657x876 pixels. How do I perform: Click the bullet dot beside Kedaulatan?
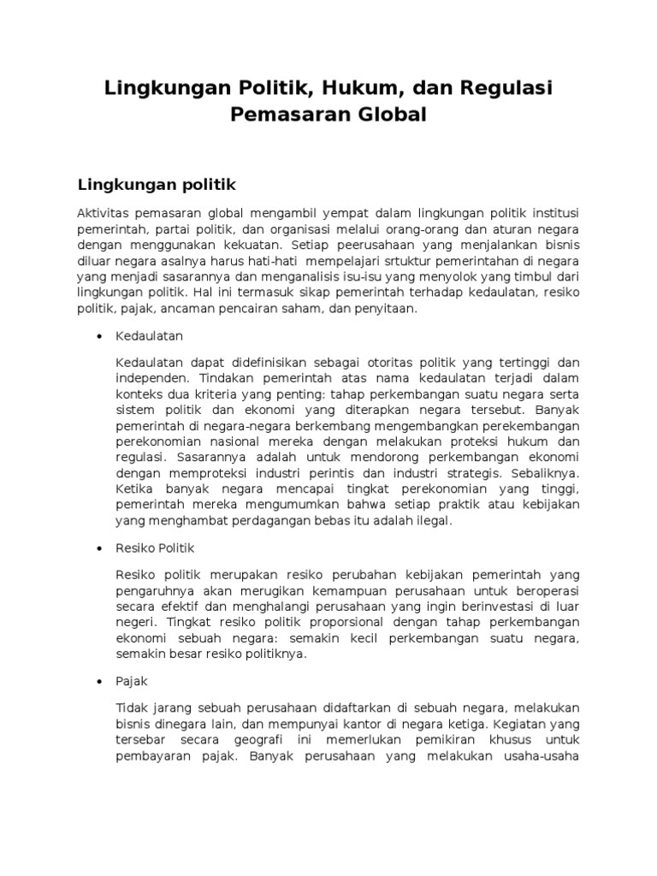pyautogui.click(x=100, y=337)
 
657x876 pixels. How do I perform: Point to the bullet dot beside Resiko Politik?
pyautogui.click(x=100, y=547)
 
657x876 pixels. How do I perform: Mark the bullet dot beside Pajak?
pyautogui.click(x=100, y=682)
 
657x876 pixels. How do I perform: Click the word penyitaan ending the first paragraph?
pyautogui.click(x=383, y=310)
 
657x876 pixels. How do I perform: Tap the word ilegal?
pyautogui.click(x=430, y=520)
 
